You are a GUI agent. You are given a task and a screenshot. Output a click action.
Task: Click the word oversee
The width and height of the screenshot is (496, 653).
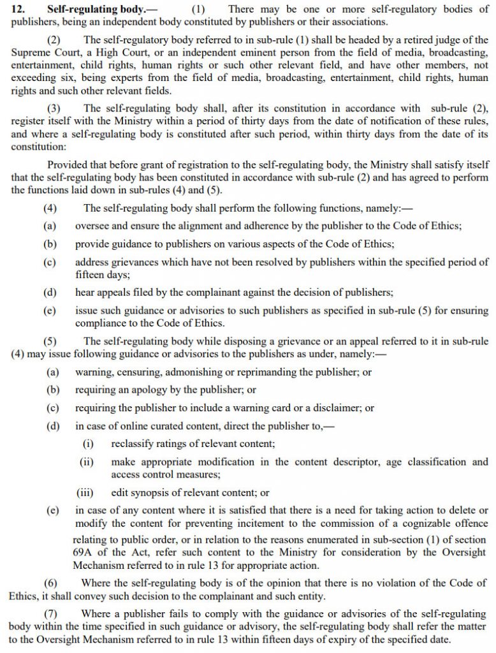(94, 226)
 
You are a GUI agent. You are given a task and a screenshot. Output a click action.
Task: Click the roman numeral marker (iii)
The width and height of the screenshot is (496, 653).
(85, 492)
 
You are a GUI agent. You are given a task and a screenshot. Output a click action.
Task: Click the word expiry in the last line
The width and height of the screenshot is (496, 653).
(330, 640)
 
